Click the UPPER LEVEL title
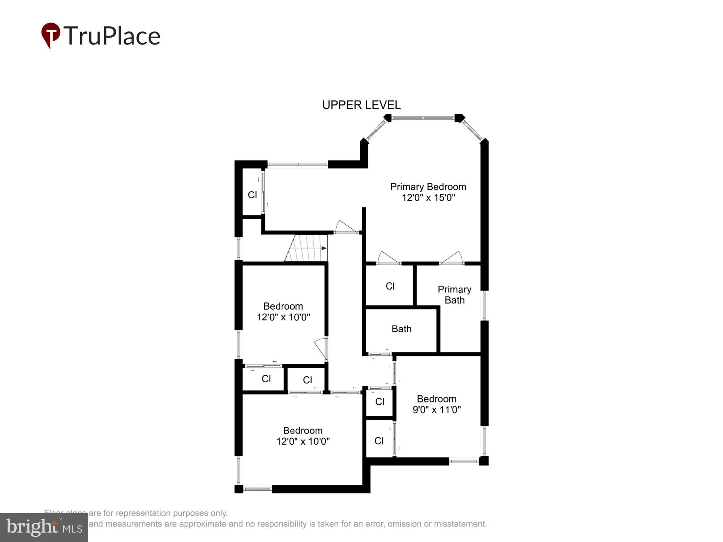pyautogui.click(x=361, y=105)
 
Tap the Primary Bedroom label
pyautogui.click(x=428, y=187)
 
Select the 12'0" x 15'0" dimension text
pyautogui.click(x=428, y=198)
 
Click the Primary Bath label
pyautogui.click(x=454, y=294)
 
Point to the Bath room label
pyautogui.click(x=401, y=329)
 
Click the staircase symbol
pyautogui.click(x=307, y=248)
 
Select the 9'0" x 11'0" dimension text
pyautogui.click(x=436, y=410)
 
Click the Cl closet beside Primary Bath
pyautogui.click(x=390, y=286)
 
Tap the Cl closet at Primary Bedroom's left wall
pyautogui.click(x=252, y=195)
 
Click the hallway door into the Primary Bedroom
pyautogui.click(x=346, y=228)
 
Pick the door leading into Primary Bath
pyautogui.click(x=452, y=258)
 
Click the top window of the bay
pyautogui.click(x=423, y=118)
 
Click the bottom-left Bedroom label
pyautogui.click(x=303, y=431)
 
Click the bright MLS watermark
pyautogui.click(x=44, y=528)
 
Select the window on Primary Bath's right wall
pyautogui.click(x=484, y=305)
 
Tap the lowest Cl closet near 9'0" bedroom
pyautogui.click(x=379, y=441)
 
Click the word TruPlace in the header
pyautogui.click(x=112, y=36)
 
